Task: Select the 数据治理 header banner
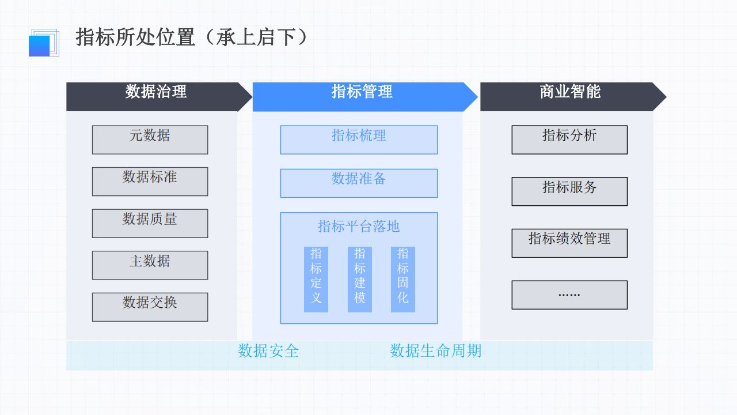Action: (x=156, y=96)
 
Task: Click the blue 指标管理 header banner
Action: (x=362, y=96)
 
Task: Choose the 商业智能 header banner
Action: (x=570, y=96)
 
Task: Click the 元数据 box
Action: (x=150, y=139)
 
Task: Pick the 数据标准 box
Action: (x=150, y=181)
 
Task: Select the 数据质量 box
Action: (x=150, y=223)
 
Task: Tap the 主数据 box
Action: (x=150, y=265)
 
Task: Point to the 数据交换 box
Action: (x=150, y=307)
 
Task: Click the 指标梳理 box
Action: (x=359, y=139)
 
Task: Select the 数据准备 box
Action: (x=359, y=183)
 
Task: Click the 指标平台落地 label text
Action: (x=359, y=227)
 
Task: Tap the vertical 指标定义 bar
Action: (x=316, y=279)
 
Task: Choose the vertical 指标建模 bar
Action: (x=360, y=279)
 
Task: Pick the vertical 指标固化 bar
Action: (x=403, y=279)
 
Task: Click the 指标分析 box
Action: (x=569, y=139)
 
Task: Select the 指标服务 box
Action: (x=569, y=191)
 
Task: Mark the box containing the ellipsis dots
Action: (x=569, y=295)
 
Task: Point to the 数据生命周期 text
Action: (x=436, y=350)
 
